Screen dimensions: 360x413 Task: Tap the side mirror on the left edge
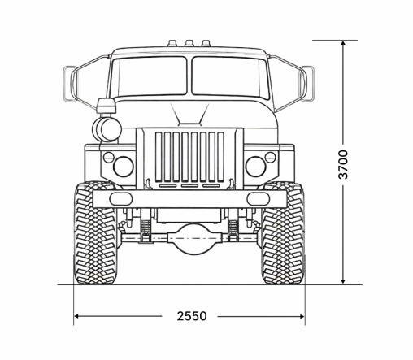tap(69, 82)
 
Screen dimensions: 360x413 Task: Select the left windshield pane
tap(149, 76)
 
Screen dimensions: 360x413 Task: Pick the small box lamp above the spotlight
tap(105, 106)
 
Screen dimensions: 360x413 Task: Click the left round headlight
tap(123, 167)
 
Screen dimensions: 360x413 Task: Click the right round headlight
tap(256, 167)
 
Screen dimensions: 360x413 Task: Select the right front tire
tap(283, 235)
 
